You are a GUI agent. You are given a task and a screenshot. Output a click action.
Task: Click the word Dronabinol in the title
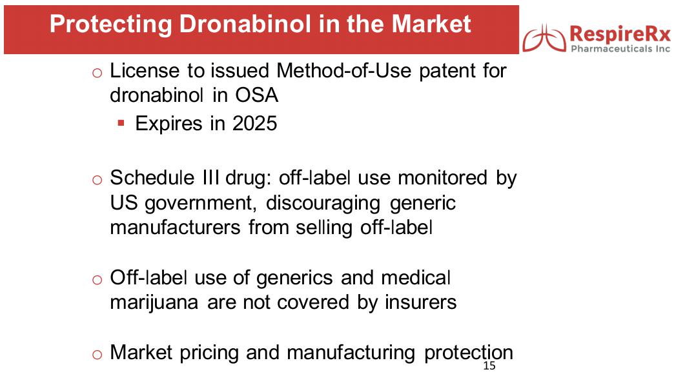[x=245, y=24]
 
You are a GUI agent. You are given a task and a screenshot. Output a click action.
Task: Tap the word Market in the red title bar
[x=431, y=24]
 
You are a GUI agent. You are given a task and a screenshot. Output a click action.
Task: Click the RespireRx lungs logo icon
[x=544, y=38]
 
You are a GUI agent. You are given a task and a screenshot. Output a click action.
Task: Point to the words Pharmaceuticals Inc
[x=620, y=49]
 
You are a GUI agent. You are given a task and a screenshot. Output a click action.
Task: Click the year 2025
[x=254, y=124]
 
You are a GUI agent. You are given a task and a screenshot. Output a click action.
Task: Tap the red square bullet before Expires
[x=121, y=124]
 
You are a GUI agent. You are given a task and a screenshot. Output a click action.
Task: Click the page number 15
[x=489, y=366]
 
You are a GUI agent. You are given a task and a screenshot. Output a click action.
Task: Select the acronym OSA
[x=256, y=95]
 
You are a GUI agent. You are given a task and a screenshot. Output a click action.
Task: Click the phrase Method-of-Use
[x=344, y=70]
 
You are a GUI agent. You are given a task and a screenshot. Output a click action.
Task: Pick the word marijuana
[x=154, y=302]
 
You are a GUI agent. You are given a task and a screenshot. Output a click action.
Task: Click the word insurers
[x=420, y=302]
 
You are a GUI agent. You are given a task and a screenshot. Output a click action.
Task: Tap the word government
[x=198, y=203]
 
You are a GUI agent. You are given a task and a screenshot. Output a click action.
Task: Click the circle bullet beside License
[x=97, y=73]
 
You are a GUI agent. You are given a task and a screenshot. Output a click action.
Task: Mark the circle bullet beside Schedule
[x=97, y=180]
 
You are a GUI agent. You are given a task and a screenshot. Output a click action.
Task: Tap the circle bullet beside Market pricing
[x=97, y=355]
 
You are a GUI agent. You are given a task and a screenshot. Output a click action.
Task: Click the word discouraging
[x=323, y=203]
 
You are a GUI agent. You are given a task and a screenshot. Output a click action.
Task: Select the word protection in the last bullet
[x=469, y=353]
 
